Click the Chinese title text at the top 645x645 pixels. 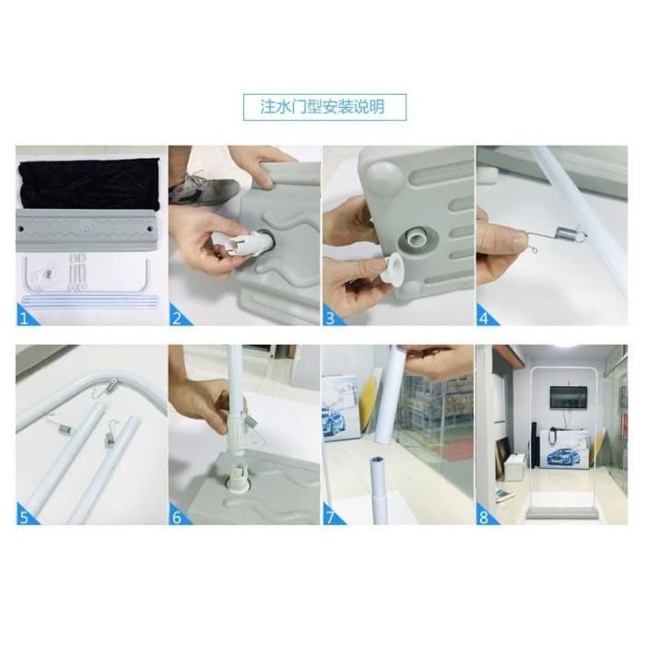click(322, 107)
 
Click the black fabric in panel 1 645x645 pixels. click(88, 183)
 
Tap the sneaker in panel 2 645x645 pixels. click(204, 188)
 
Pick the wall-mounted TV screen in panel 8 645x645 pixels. click(569, 397)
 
